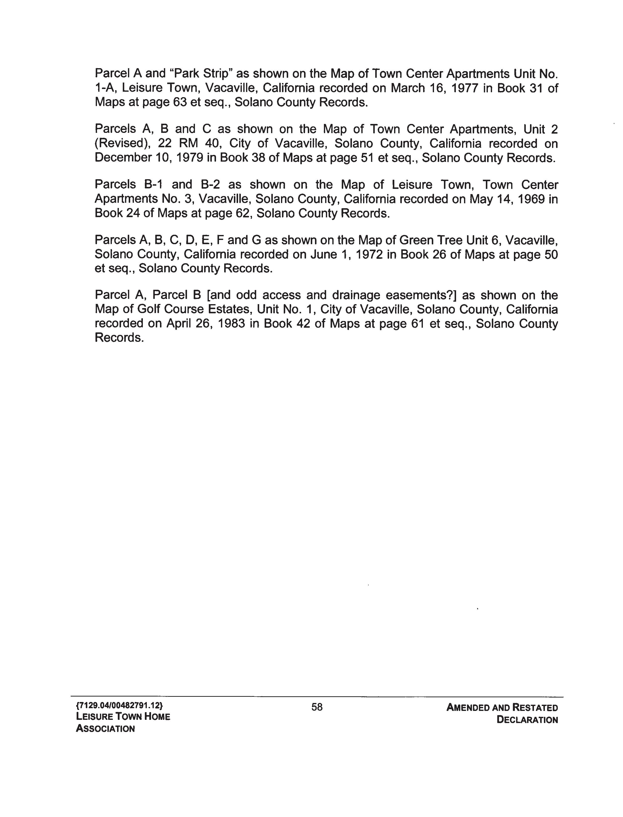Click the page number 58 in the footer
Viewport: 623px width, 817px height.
click(x=317, y=707)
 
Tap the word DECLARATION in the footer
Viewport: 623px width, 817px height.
click(x=527, y=720)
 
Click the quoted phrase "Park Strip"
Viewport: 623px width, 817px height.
click(x=201, y=73)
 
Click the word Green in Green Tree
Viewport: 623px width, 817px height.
click(x=416, y=240)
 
